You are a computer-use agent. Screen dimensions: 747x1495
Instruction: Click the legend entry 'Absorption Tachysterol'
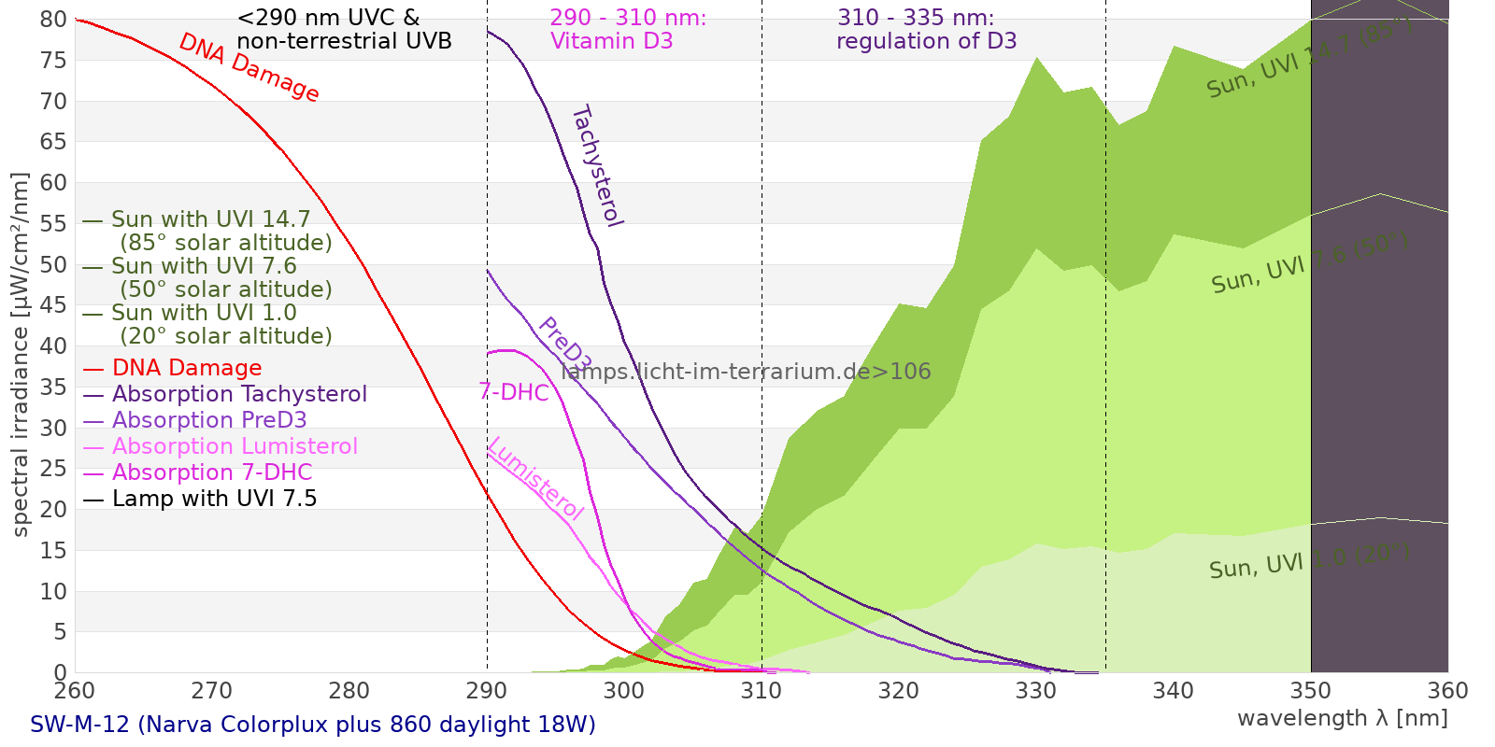pyautogui.click(x=239, y=394)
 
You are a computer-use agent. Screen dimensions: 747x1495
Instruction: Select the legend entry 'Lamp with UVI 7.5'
pyautogui.click(x=214, y=499)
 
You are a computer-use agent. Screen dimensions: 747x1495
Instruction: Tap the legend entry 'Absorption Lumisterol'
pyautogui.click(x=235, y=446)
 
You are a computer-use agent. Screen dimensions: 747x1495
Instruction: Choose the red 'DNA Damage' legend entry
pyautogui.click(x=187, y=368)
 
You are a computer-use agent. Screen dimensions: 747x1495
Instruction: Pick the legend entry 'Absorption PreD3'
pyautogui.click(x=209, y=420)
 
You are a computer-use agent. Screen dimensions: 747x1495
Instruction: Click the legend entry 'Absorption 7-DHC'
pyautogui.click(x=212, y=472)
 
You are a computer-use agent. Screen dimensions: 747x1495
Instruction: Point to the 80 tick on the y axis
pyautogui.click(x=54, y=20)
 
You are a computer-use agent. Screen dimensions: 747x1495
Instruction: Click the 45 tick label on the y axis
pyautogui.click(x=54, y=305)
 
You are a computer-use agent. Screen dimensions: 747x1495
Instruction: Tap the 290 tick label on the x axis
pyautogui.click(x=486, y=691)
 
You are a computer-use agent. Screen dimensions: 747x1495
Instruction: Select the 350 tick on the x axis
pyautogui.click(x=1310, y=691)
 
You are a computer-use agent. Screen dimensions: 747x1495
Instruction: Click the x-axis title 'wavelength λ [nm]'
pyautogui.click(x=1342, y=718)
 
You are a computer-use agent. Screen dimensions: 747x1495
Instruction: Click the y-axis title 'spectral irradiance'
pyautogui.click(x=21, y=355)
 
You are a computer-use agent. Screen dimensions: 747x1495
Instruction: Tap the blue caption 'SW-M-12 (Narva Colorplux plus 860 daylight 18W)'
pyautogui.click(x=313, y=725)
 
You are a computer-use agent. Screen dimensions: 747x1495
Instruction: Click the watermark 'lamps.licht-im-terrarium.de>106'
pyautogui.click(x=746, y=372)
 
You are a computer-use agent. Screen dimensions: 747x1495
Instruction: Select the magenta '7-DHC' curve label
pyautogui.click(x=514, y=392)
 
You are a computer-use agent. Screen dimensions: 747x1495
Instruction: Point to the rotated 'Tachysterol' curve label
pyautogui.click(x=596, y=166)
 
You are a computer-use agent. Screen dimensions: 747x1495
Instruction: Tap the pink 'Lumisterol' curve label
pyautogui.click(x=535, y=478)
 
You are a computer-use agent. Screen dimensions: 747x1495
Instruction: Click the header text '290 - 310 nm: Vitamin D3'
pyautogui.click(x=628, y=30)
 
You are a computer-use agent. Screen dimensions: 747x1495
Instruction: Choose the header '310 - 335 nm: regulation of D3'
pyautogui.click(x=926, y=30)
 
